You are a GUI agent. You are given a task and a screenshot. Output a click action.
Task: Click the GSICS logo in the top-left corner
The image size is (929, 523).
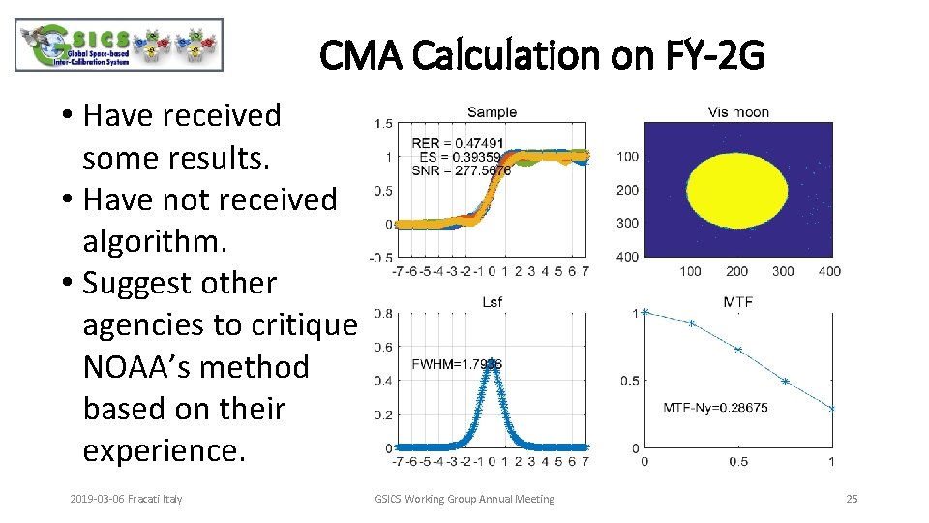(119, 46)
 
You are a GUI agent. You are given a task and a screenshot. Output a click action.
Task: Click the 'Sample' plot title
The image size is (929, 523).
(492, 112)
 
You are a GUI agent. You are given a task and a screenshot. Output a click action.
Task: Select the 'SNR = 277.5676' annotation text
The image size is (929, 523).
(461, 170)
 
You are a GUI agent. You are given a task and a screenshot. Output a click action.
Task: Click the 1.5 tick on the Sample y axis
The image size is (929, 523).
(383, 124)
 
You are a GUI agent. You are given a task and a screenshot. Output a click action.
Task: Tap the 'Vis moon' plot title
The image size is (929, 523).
(738, 112)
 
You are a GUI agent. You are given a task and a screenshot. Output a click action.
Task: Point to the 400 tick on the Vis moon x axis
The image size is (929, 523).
(828, 271)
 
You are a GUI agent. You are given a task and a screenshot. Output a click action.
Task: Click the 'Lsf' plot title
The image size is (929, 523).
(492, 303)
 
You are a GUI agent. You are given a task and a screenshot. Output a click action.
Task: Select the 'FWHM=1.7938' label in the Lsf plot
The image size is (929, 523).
(457, 364)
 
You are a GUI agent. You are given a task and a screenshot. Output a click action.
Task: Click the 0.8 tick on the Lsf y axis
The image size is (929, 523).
(383, 314)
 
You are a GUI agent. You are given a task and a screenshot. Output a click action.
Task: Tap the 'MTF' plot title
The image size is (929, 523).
(737, 302)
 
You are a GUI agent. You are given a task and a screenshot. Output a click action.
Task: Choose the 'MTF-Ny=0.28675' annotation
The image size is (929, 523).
(716, 408)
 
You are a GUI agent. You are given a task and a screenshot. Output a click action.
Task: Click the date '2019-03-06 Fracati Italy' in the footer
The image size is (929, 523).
(126, 499)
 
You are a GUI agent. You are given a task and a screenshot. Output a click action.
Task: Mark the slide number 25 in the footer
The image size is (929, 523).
(852, 499)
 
